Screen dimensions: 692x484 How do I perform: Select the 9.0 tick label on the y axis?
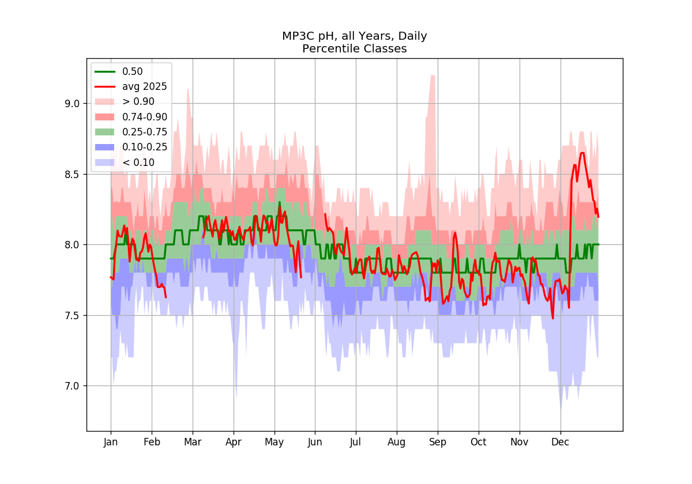[x=72, y=104]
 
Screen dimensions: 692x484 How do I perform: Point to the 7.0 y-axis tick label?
[x=72, y=386]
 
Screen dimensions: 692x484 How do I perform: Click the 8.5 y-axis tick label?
[x=72, y=175]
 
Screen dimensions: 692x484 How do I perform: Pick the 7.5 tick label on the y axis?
[x=72, y=316]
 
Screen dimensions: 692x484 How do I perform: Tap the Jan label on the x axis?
[x=111, y=443]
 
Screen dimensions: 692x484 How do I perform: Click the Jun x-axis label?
[x=315, y=443]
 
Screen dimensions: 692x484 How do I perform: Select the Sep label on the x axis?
[x=438, y=443]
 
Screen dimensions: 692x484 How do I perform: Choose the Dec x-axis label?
[x=560, y=442]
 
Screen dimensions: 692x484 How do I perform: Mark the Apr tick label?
[x=233, y=443]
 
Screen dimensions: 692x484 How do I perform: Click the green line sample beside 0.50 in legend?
[x=105, y=71]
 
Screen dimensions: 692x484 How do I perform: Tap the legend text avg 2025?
[x=145, y=87]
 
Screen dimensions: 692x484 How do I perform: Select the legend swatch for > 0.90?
[x=105, y=101]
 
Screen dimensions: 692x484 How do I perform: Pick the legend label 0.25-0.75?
[x=145, y=132]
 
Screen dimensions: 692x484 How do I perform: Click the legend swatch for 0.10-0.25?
[x=105, y=148]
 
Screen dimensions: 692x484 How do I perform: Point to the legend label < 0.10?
[x=138, y=162]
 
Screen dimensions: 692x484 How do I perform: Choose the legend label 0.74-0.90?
[x=145, y=117]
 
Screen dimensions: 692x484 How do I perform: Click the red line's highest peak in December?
[x=582, y=153]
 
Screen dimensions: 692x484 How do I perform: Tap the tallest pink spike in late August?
[x=433, y=76]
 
